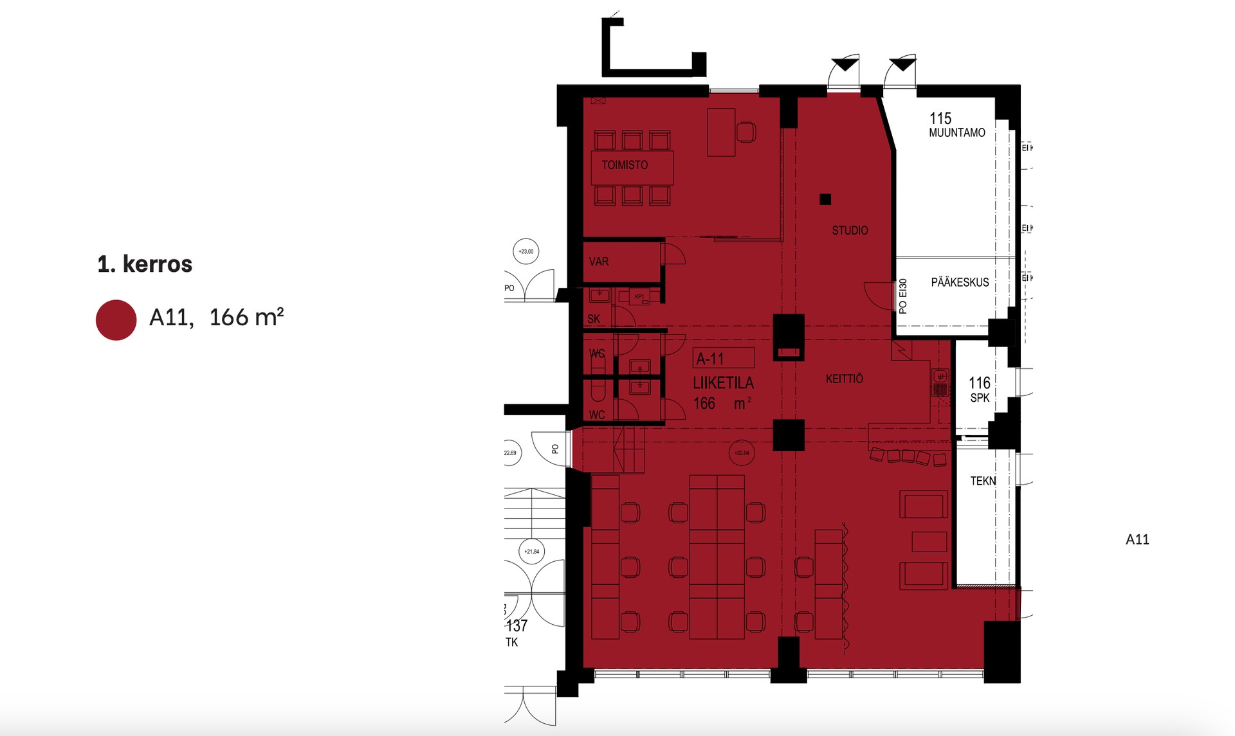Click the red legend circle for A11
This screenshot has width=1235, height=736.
point(116,320)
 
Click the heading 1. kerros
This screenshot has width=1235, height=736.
point(145,264)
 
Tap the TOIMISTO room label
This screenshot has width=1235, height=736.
point(625,165)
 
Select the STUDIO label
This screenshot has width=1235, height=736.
point(850,230)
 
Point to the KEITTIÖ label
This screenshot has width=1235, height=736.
point(844,379)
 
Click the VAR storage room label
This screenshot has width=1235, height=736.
point(598,262)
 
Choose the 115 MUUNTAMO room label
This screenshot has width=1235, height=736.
point(956,125)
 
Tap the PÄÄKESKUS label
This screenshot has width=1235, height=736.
point(960,282)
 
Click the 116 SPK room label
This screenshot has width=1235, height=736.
point(980,390)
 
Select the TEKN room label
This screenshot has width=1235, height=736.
point(982,481)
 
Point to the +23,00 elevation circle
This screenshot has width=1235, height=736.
point(526,251)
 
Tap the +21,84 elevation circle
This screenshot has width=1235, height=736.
point(531,552)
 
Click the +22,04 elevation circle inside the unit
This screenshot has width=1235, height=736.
point(742,453)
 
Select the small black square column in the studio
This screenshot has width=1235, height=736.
point(825,199)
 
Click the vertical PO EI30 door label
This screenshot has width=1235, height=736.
point(902,296)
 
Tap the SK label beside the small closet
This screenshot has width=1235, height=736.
point(593,319)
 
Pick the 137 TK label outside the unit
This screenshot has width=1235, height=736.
point(516,633)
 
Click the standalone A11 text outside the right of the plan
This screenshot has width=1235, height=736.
point(1137,540)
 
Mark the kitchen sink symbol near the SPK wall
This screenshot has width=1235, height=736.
point(940,377)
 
